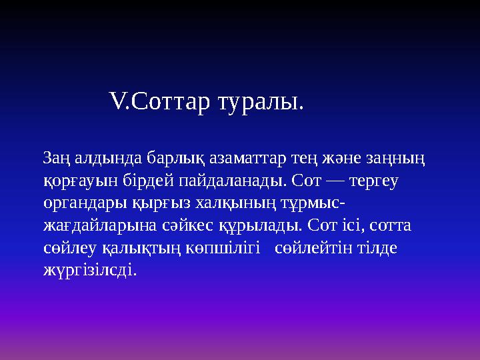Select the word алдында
(x=95, y=158)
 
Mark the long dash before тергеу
(x=331, y=181)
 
